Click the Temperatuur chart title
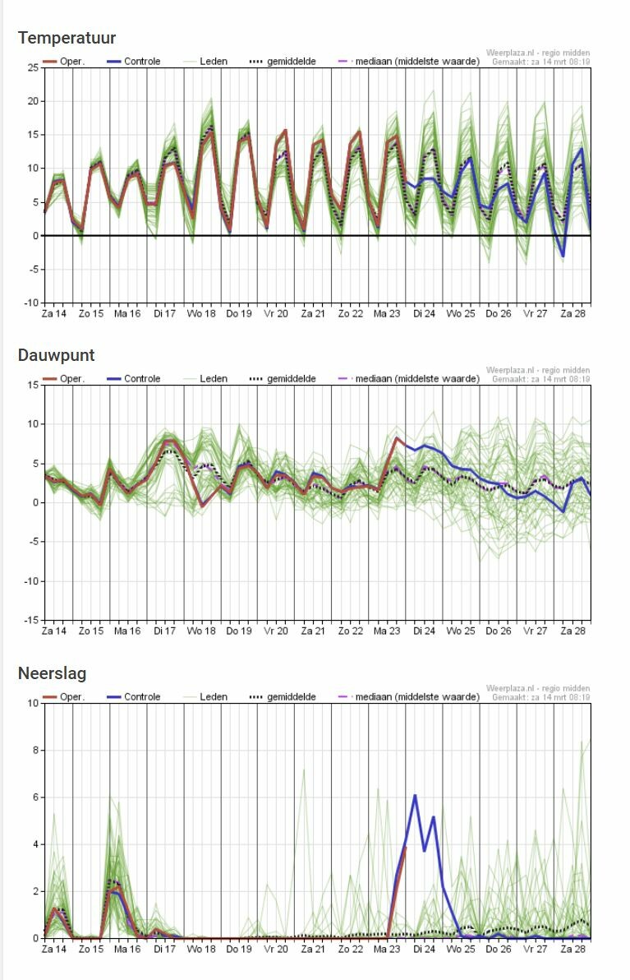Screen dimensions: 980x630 [x=67, y=38]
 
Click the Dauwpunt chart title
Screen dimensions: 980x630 [x=56, y=355]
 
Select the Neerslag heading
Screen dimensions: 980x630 [x=52, y=673]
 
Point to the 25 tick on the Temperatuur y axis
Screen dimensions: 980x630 [x=33, y=67]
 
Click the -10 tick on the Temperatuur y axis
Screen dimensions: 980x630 [x=30, y=303]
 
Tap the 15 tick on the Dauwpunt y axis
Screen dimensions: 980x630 [x=33, y=385]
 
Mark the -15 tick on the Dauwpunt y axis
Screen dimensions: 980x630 [x=30, y=620]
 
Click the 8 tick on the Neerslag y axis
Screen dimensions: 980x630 [x=35, y=750]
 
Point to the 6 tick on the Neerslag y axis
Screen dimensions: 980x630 [x=35, y=797]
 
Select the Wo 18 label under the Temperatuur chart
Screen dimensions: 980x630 [x=201, y=313]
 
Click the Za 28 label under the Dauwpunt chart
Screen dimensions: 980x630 [x=573, y=631]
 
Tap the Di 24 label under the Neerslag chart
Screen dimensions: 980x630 [x=424, y=949]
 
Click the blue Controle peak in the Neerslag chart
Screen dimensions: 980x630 [x=415, y=795]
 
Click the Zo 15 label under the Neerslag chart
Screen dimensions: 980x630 [x=90, y=949]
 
